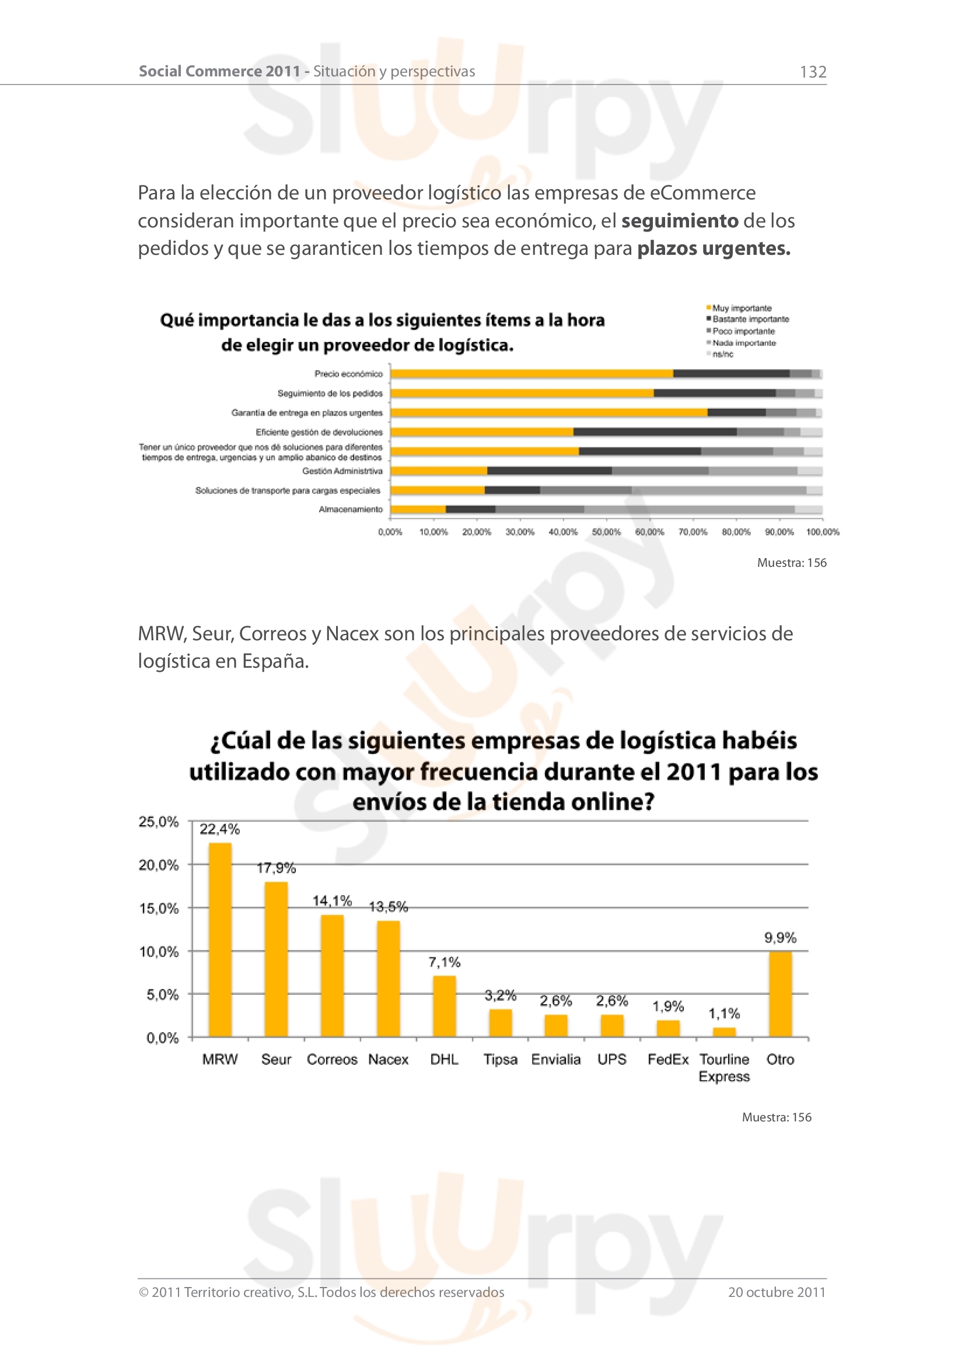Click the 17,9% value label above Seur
tap(277, 868)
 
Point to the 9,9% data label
tap(780, 938)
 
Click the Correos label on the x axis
tap(331, 1059)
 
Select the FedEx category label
tap(668, 1059)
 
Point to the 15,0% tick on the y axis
tap(159, 909)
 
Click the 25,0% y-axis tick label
tap(159, 822)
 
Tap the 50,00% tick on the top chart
tap(606, 532)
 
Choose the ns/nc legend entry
tap(722, 354)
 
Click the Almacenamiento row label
tap(351, 509)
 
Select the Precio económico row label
tap(348, 374)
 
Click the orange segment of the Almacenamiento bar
tap(418, 509)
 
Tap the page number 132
tap(813, 72)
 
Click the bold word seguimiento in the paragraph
tap(679, 221)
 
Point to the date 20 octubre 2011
tap(777, 1292)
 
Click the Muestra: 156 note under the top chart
tap(792, 563)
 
